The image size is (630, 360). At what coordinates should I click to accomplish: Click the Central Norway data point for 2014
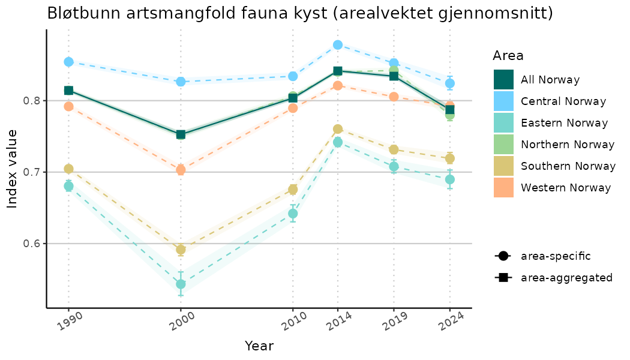[338, 45]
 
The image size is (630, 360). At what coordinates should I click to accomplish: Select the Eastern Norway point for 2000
[181, 284]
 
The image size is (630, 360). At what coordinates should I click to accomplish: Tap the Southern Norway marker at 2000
[181, 250]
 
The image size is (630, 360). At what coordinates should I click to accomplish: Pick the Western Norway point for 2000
[181, 170]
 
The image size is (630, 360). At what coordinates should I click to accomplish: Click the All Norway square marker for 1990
[68, 91]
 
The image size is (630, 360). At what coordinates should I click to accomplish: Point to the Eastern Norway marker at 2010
[293, 214]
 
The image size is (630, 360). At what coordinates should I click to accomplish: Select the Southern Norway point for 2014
[338, 129]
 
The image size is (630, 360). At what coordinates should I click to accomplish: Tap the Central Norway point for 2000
[181, 82]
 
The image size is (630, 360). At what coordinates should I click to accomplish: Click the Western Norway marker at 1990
[68, 106]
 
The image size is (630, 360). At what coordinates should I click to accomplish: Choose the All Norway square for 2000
[181, 134]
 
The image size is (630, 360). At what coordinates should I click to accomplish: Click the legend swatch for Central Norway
[503, 101]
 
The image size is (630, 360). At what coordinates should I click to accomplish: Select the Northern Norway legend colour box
[503, 145]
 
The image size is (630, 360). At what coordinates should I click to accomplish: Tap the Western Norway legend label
[566, 188]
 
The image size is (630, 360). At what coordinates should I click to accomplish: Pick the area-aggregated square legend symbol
[502, 278]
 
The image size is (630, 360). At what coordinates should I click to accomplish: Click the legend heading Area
[508, 56]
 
